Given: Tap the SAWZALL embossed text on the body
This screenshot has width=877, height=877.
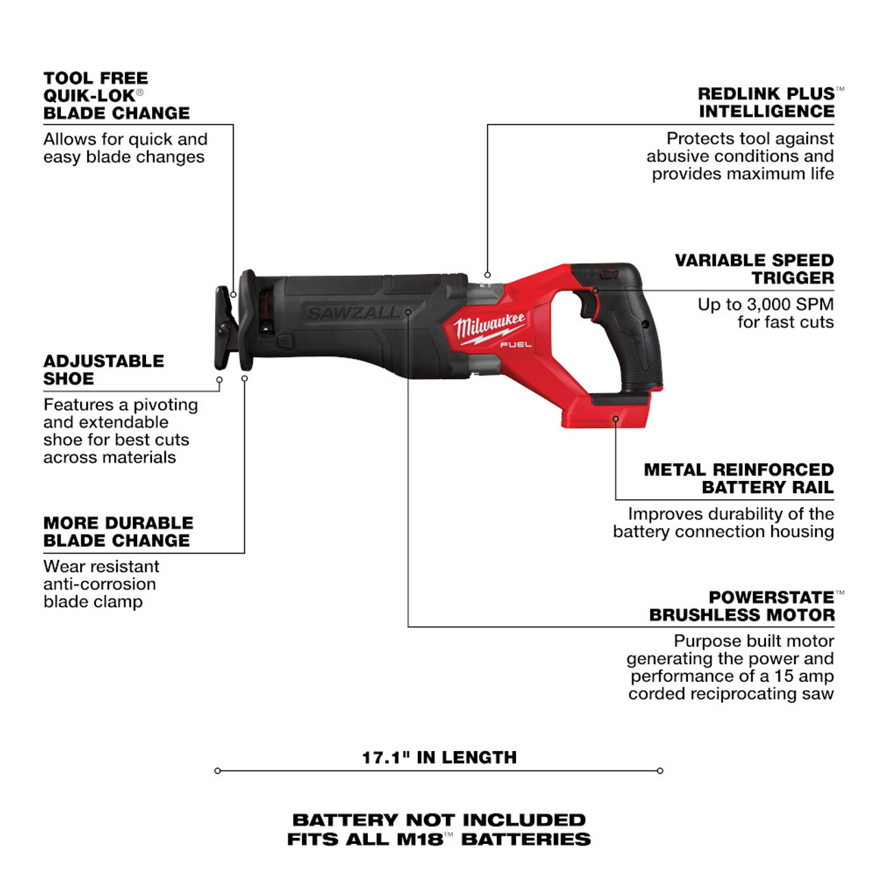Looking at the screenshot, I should point(354,314).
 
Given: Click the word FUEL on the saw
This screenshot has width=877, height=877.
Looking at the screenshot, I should point(515,345).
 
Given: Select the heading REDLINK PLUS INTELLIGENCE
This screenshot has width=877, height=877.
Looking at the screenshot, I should point(766,103).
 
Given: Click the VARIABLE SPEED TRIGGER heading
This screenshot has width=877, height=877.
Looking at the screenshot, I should point(754,269).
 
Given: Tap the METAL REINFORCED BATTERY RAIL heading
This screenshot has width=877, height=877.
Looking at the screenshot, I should point(739,478).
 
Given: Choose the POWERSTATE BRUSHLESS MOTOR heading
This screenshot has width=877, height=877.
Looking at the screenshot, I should point(742,606).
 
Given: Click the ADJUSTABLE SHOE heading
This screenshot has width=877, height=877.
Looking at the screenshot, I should point(103,370).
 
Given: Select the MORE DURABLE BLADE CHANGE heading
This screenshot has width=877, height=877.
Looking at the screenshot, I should point(118,532).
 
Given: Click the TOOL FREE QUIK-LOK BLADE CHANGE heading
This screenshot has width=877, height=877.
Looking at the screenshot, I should point(116,96).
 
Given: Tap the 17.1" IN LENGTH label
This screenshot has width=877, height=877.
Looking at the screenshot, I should point(439,757).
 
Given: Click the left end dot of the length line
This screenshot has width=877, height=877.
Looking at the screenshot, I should point(218,771).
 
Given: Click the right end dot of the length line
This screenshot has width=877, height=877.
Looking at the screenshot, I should point(660,771).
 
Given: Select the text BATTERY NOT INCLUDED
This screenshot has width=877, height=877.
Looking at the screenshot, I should point(439,819).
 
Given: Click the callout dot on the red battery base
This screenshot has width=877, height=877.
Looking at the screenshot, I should point(615,419).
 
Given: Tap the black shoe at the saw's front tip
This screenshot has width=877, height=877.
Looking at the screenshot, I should point(225,329).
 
